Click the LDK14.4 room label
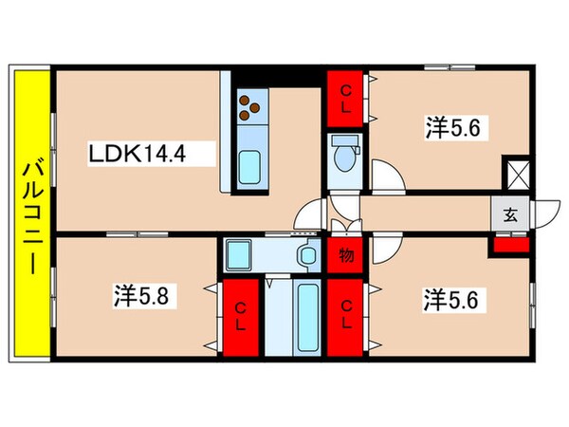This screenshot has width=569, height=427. pyautogui.click(x=138, y=154)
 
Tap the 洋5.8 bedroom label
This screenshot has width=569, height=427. pyautogui.click(x=140, y=295)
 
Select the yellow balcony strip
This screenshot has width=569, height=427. pyautogui.click(x=32, y=213)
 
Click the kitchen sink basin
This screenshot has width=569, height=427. pyautogui.click(x=249, y=168)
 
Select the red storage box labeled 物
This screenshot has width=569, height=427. pyautogui.click(x=345, y=255)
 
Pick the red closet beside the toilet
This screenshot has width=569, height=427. pyautogui.click(x=345, y=99)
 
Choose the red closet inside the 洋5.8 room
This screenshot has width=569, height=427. pyautogui.click(x=241, y=318)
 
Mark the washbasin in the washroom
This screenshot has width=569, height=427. pyautogui.click(x=308, y=255)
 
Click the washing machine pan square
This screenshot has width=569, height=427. pyautogui.click(x=238, y=255)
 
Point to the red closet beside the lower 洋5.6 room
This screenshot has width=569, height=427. pyautogui.click(x=345, y=318)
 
